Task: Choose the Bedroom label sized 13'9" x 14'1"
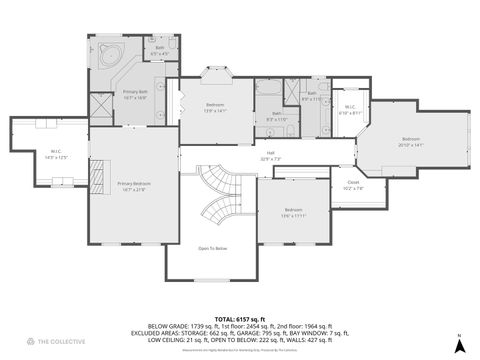tap(215, 106)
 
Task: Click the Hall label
tap(271, 156)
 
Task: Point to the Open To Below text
tap(212, 248)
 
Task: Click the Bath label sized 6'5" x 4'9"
tap(160, 49)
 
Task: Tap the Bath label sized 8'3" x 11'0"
tap(276, 115)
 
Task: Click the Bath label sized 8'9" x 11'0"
tap(312, 96)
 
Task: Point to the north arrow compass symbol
tap(458, 343)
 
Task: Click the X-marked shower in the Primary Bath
tap(101, 106)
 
